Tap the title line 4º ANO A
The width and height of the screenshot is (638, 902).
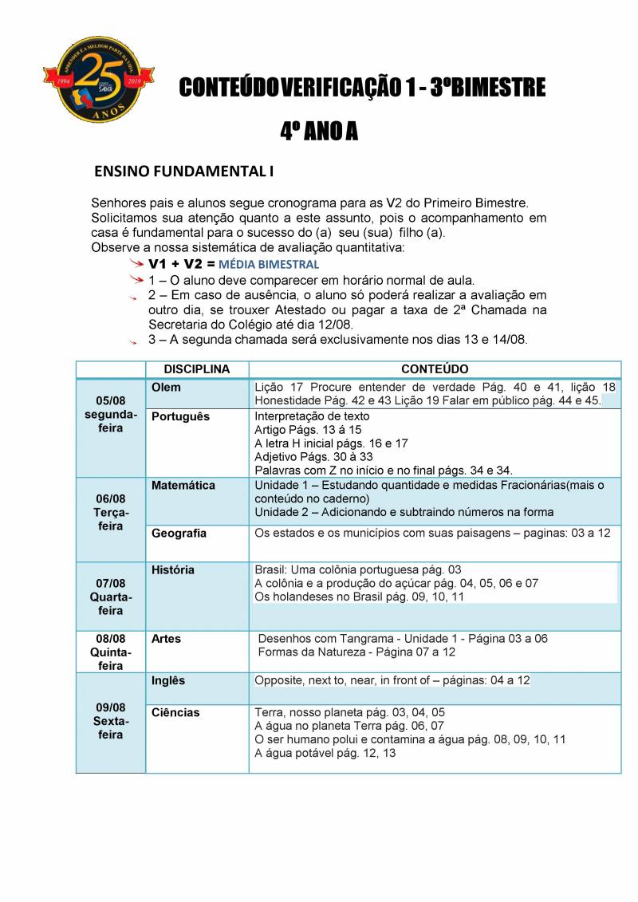tap(319, 132)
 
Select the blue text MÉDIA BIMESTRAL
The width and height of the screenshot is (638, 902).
tap(269, 264)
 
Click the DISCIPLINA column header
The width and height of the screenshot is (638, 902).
tap(196, 369)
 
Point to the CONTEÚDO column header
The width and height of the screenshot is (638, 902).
tap(435, 369)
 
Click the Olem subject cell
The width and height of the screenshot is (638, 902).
tap(166, 388)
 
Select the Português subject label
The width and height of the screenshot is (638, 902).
tap(180, 416)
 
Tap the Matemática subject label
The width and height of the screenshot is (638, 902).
tap(183, 485)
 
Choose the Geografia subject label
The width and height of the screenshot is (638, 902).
tap(179, 533)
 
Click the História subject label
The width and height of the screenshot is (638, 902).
tap(173, 570)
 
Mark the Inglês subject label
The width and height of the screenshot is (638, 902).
tap(168, 680)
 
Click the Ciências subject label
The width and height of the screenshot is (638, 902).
tap(175, 712)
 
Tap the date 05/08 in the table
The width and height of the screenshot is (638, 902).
tap(111, 400)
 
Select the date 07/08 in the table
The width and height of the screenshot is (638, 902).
tap(111, 583)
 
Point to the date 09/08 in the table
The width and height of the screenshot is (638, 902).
tap(111, 707)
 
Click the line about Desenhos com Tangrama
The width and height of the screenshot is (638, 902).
tap(403, 639)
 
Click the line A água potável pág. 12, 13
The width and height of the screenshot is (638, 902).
tap(325, 753)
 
